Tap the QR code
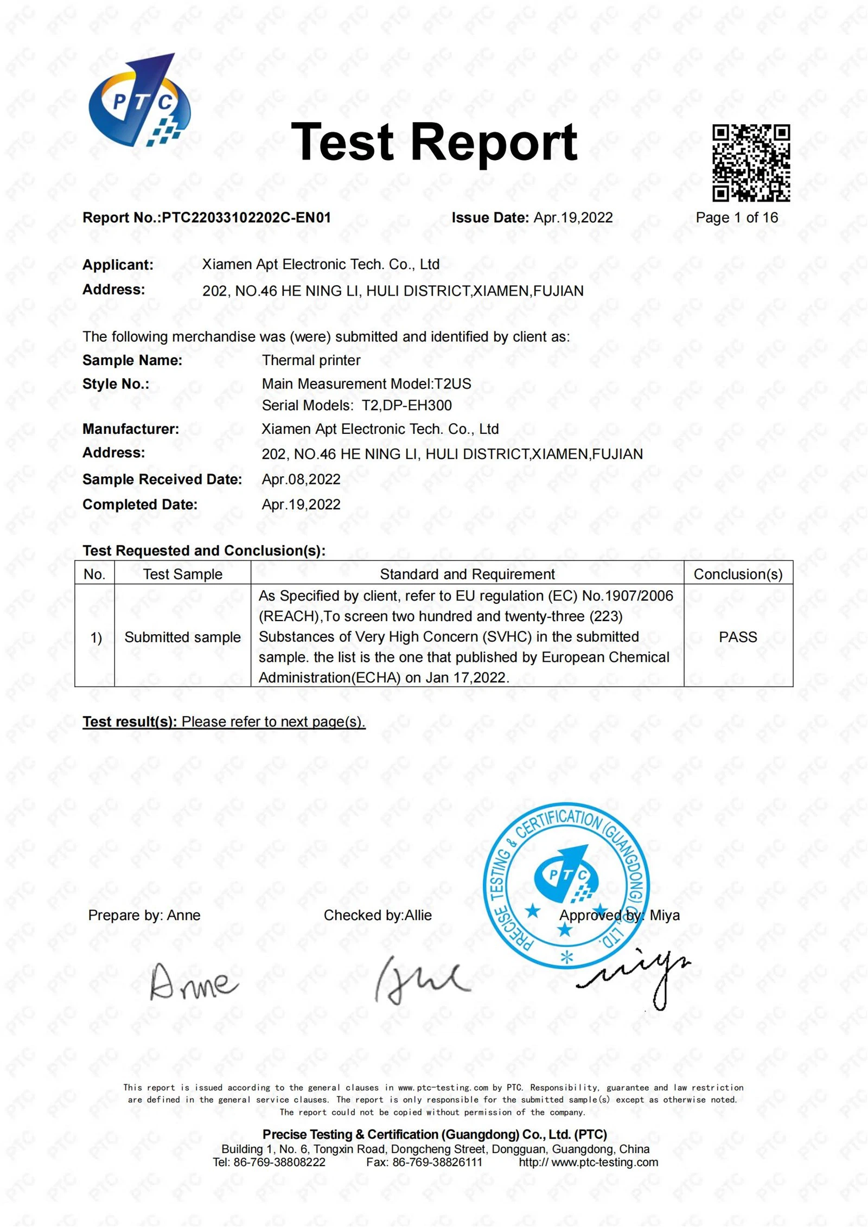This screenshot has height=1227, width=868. tap(751, 163)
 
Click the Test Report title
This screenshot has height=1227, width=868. tap(434, 142)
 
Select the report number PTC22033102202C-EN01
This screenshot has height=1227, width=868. tap(246, 218)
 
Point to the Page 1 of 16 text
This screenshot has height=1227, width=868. tap(737, 218)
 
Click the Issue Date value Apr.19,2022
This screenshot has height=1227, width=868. tap(573, 218)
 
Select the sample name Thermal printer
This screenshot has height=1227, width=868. tap(311, 360)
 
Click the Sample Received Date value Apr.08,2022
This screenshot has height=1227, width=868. tap(301, 480)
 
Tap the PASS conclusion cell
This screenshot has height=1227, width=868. tap(738, 637)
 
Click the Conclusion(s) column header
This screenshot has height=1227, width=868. tap(738, 574)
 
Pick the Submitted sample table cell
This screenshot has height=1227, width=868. tap(182, 637)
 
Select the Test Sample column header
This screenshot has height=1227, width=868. tap(182, 574)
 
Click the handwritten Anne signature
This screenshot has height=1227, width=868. tap(193, 982)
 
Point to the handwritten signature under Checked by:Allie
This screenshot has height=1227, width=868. tap(420, 980)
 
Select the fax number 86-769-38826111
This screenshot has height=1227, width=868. tap(437, 1162)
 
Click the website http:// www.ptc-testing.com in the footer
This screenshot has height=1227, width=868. tap(588, 1162)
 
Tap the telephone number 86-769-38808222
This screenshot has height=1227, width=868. tap(279, 1162)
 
